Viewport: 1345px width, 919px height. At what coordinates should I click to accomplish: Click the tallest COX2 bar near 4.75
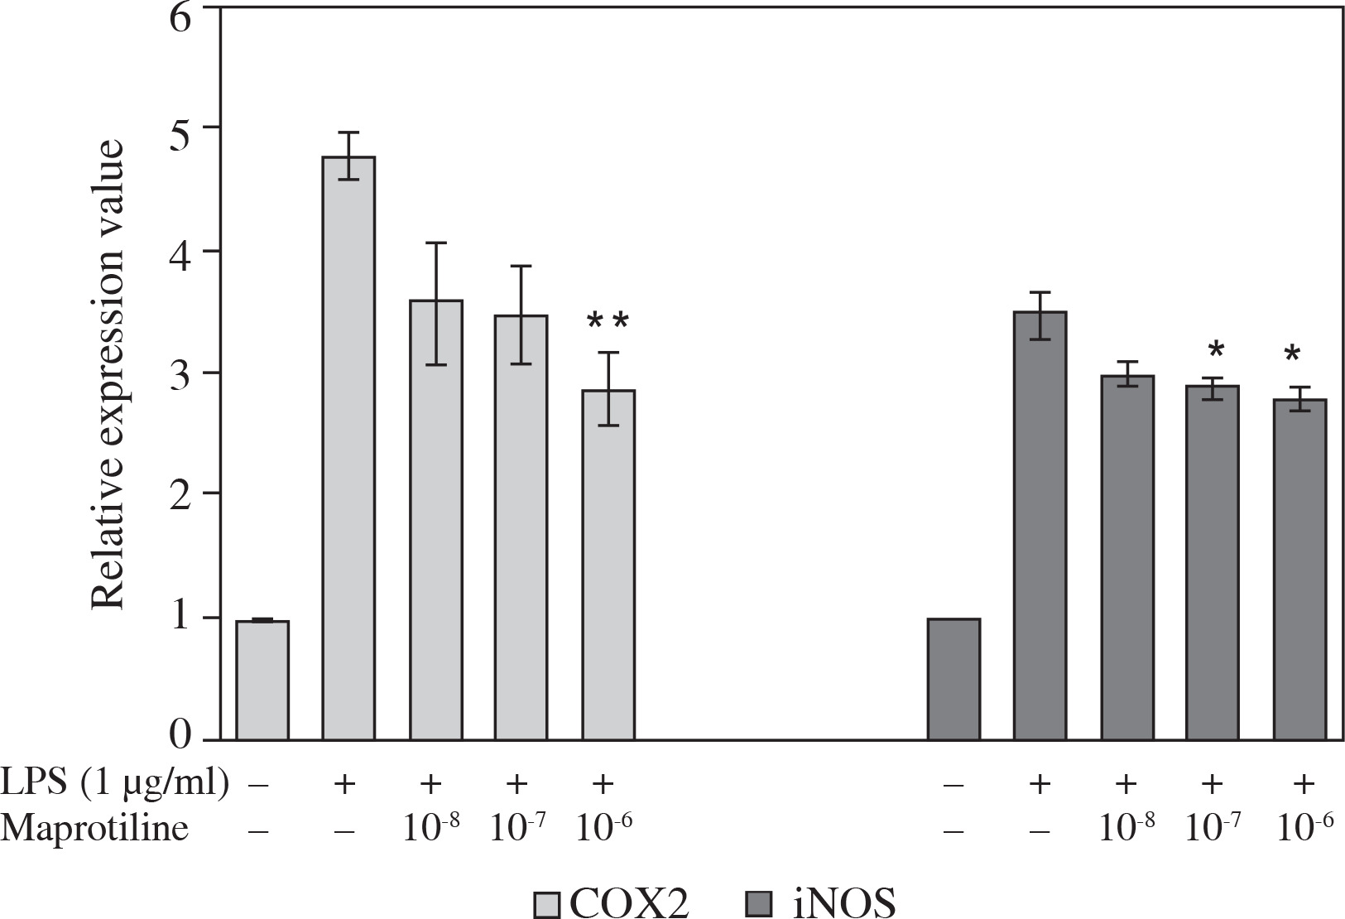tap(348, 447)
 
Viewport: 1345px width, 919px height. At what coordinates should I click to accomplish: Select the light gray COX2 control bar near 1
tap(262, 680)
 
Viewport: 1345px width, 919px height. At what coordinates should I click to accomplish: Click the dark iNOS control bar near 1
tap(954, 679)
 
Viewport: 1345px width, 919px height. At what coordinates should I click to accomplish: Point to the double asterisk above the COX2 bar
tap(608, 322)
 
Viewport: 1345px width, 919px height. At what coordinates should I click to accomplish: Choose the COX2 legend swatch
tap(547, 902)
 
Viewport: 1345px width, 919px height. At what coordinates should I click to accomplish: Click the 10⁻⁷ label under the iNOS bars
tap(1213, 829)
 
